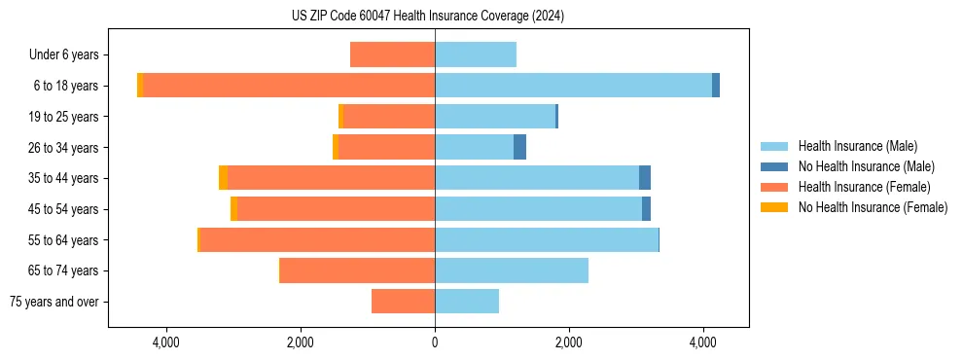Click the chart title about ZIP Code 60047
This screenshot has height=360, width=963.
click(428, 17)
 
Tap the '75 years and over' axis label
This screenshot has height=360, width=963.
click(54, 302)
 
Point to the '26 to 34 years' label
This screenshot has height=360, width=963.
click(63, 148)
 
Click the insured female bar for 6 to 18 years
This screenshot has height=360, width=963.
click(289, 86)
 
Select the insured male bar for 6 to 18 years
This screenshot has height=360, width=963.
click(573, 86)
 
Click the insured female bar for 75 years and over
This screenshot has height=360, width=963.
click(403, 302)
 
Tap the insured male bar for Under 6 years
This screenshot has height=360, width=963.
click(476, 55)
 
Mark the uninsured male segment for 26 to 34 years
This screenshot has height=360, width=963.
click(519, 147)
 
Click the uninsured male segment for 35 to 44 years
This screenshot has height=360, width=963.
click(645, 178)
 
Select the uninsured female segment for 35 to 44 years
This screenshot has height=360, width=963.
click(224, 178)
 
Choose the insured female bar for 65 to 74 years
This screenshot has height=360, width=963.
click(357, 270)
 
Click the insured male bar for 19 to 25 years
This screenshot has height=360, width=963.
click(495, 117)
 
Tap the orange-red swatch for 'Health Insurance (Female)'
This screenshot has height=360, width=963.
click(774, 187)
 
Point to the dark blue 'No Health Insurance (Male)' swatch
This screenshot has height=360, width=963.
click(774, 166)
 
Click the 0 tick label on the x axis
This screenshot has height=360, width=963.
click(435, 342)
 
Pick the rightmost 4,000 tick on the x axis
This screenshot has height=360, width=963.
click(703, 342)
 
